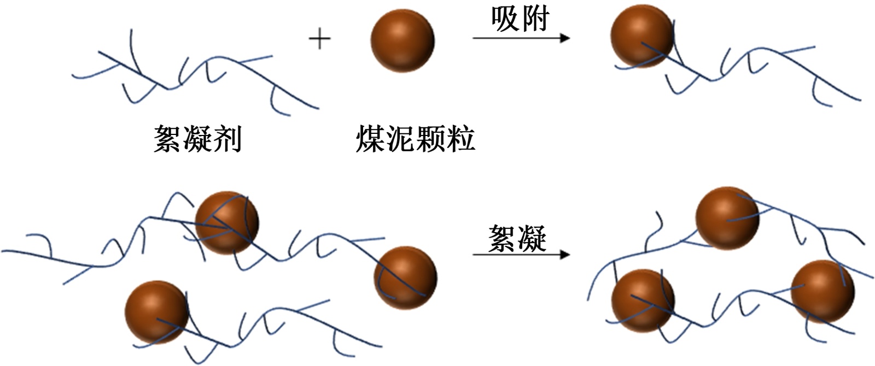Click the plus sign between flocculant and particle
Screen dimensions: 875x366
(320, 39)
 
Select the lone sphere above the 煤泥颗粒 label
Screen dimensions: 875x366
(402, 40)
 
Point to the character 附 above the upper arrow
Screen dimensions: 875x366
(535, 20)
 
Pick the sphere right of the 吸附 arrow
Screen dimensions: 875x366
(641, 37)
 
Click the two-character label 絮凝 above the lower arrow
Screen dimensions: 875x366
(517, 238)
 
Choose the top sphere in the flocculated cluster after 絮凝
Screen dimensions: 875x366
(727, 218)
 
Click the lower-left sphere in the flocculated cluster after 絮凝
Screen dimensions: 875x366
(643, 300)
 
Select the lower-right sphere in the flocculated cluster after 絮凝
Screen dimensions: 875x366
(822, 291)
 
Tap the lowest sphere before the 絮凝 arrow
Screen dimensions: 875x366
(156, 312)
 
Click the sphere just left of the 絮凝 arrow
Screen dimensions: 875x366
(405, 278)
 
